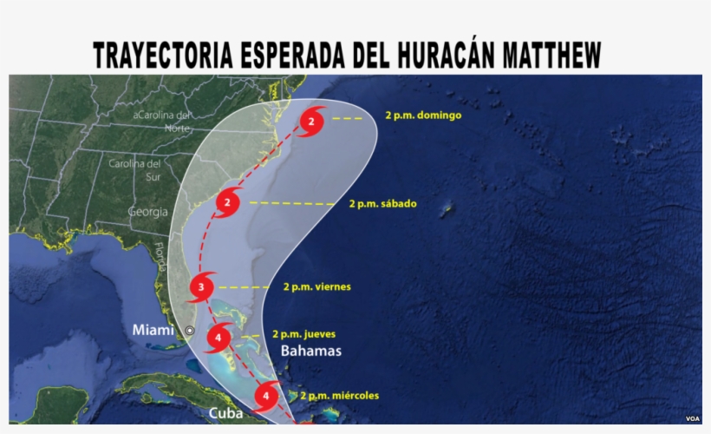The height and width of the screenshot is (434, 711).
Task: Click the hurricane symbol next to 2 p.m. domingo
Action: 312,122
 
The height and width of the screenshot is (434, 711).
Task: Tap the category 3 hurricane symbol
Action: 202,286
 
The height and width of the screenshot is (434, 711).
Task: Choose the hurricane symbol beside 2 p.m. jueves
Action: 221,337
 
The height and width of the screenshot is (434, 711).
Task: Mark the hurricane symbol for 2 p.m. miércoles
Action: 266,398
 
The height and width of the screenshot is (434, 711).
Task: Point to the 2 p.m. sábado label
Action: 382,204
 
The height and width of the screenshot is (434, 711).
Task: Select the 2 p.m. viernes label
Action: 316,286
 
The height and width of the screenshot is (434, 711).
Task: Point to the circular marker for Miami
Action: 190,331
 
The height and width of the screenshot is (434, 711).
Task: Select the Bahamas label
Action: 311,352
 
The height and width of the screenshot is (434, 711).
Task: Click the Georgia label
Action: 147,211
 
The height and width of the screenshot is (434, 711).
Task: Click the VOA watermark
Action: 692,418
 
